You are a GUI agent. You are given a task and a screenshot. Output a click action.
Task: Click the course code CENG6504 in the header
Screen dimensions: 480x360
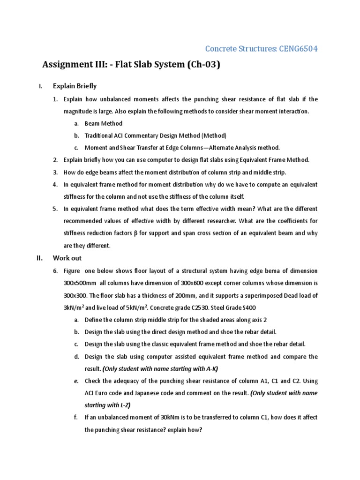pyautogui.click(x=300, y=48)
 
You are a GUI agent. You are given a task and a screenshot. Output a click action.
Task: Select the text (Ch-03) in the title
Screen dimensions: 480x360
pyautogui.click(x=203, y=65)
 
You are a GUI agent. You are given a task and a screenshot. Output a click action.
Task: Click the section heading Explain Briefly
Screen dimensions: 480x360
pyautogui.click(x=75, y=86)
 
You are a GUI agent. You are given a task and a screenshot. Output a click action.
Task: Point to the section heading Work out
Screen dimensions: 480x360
pyautogui.click(x=67, y=258)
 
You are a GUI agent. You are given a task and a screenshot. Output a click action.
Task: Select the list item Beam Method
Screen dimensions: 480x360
pyautogui.click(x=103, y=124)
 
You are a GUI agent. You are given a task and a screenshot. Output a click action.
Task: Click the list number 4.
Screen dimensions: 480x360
pyautogui.click(x=55, y=184)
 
